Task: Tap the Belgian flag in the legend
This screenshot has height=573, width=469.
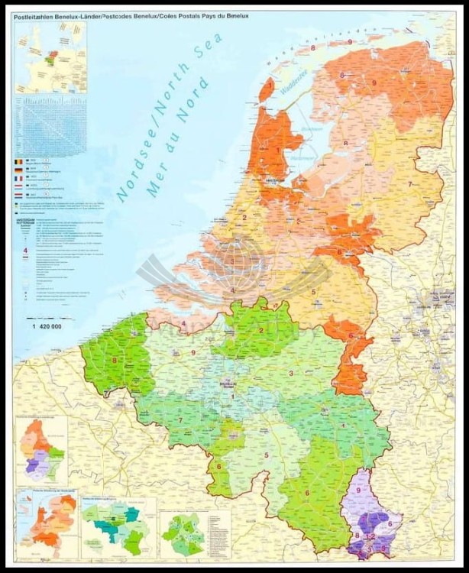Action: [x=20, y=163]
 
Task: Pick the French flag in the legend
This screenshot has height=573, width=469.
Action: [x=20, y=184]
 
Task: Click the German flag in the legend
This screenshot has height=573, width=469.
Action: [x=20, y=173]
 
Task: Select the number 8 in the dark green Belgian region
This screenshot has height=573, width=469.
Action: [x=115, y=360]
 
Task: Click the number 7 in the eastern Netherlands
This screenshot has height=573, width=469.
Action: [x=409, y=184]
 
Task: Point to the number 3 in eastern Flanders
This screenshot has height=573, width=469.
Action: [x=291, y=373]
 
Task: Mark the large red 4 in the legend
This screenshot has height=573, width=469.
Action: [x=25, y=250]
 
